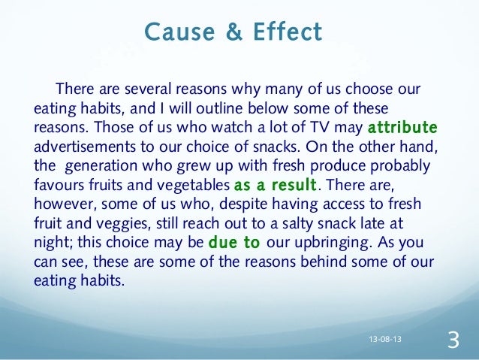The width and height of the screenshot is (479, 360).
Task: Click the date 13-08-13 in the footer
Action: (384, 340)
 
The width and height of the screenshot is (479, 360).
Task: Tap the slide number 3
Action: (452, 340)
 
